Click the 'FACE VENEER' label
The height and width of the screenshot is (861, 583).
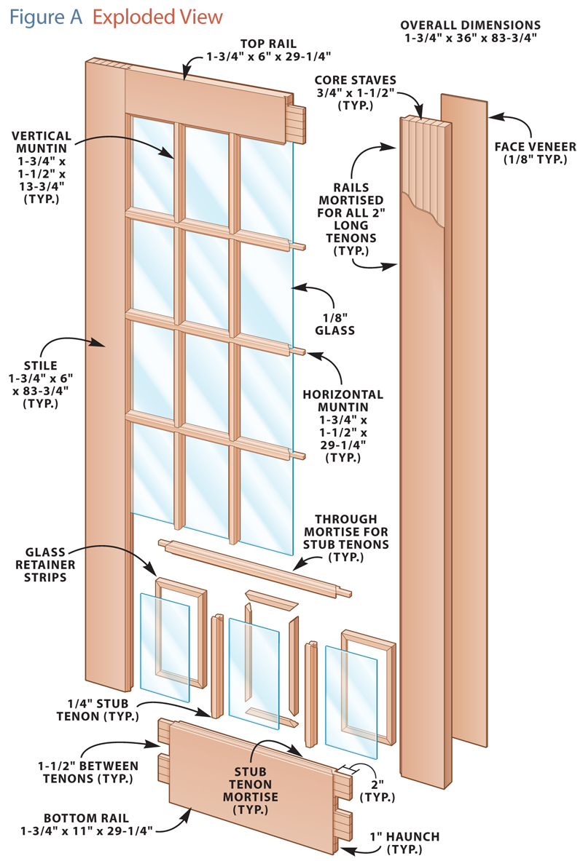(538, 146)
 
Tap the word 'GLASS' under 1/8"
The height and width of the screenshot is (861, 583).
(334, 330)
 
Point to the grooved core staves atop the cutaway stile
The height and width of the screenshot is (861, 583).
(423, 127)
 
